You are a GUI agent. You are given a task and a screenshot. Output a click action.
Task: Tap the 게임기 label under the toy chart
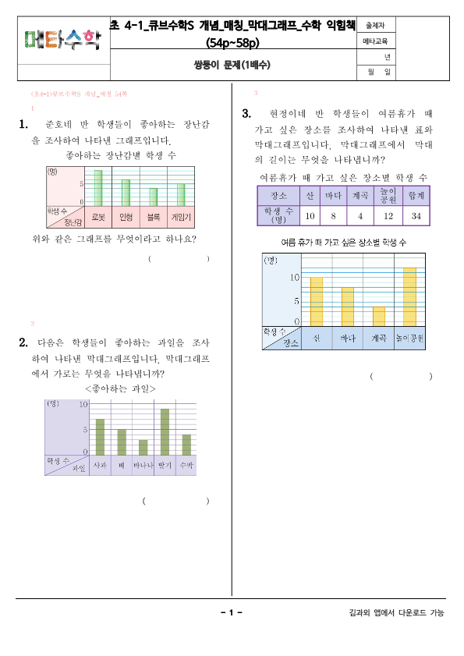(x=181, y=215)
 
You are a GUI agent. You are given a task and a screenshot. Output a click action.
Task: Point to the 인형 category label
(x=126, y=215)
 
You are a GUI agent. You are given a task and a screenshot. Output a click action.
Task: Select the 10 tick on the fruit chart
(x=83, y=404)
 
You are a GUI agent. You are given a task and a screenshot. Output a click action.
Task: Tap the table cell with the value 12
(x=388, y=215)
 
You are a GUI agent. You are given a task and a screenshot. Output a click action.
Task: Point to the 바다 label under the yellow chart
(x=347, y=339)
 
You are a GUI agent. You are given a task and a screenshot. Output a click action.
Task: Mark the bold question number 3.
(x=246, y=114)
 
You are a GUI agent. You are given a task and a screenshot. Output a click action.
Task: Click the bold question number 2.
(x=23, y=342)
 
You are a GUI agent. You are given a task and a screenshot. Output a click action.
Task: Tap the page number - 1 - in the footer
(x=232, y=613)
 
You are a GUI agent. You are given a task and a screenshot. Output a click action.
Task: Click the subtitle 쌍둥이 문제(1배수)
(x=232, y=66)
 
